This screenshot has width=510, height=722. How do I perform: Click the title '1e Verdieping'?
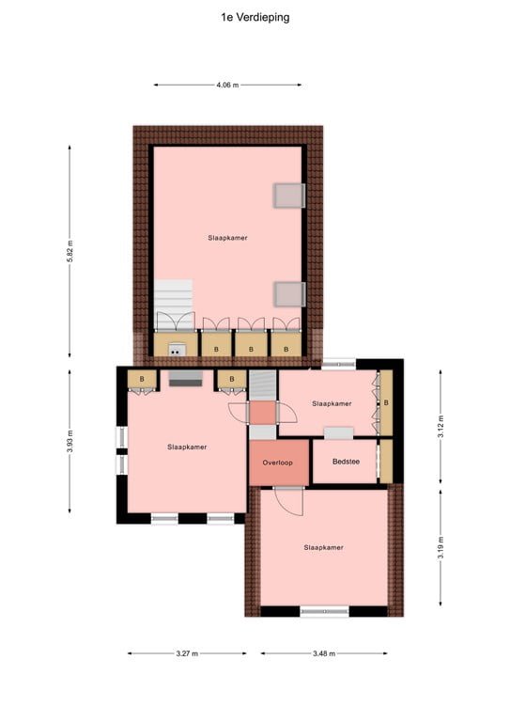click(255, 16)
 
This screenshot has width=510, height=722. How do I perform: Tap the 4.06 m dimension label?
click(227, 86)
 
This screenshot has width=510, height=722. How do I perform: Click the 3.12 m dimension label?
click(440, 429)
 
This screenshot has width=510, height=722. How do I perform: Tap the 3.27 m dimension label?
click(188, 654)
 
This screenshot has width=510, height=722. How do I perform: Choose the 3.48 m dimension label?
click(324, 654)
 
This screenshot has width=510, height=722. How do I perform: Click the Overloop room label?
click(277, 463)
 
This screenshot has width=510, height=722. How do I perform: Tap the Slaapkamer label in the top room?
click(228, 239)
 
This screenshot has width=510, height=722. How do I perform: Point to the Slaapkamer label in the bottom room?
click(323, 546)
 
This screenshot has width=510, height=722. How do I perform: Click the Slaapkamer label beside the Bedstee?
click(331, 403)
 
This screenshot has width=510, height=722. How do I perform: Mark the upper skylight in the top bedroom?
click(289, 196)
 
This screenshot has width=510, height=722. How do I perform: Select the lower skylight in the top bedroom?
click(289, 294)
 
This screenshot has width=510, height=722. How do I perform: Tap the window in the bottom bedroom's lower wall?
click(324, 611)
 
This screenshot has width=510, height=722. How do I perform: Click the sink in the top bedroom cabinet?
click(176, 350)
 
